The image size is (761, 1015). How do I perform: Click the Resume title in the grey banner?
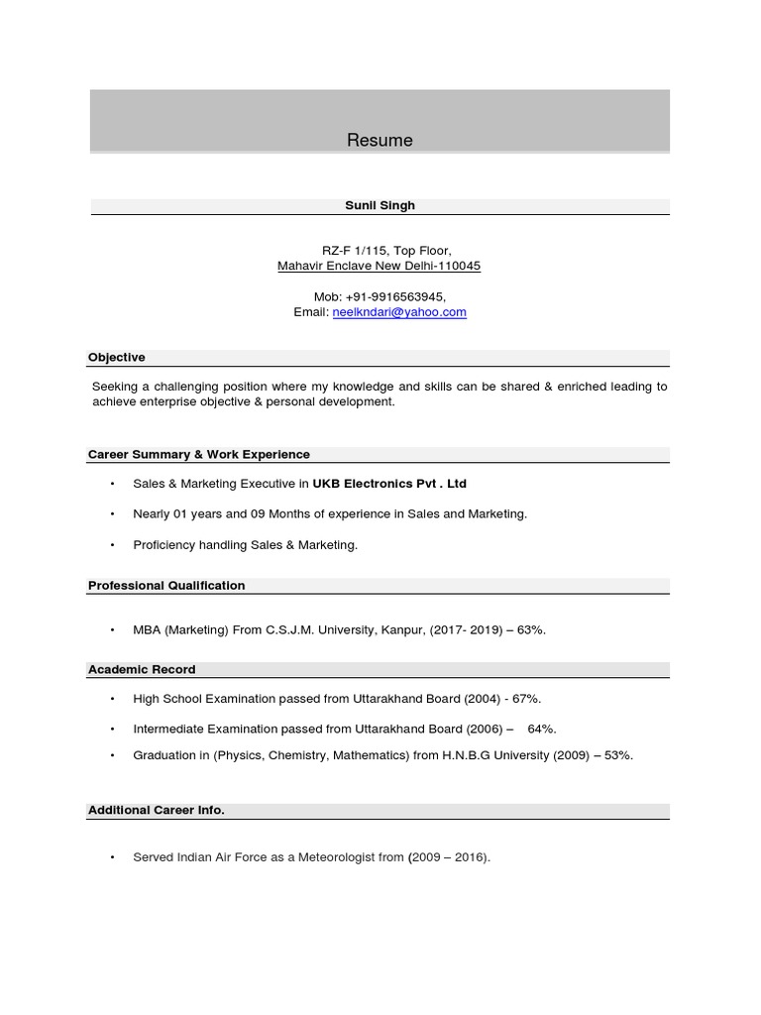pos(380,141)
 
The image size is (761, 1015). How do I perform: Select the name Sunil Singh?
pos(380,205)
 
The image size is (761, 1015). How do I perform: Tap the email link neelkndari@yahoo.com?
pos(399,312)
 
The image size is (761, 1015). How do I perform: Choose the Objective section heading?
pos(117,357)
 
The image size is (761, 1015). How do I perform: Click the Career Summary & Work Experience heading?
pos(199,454)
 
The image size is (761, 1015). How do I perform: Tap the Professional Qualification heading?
pos(166,586)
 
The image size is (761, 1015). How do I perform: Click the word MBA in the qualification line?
pos(147,629)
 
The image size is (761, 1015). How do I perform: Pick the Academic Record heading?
pos(142,669)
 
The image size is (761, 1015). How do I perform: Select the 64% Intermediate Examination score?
pos(542,730)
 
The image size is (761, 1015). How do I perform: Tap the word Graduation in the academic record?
pos(164,755)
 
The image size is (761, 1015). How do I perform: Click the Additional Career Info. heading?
pos(157,810)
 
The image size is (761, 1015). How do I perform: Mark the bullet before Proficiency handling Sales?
pos(113,544)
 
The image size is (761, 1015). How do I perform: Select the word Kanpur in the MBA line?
pos(402,629)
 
